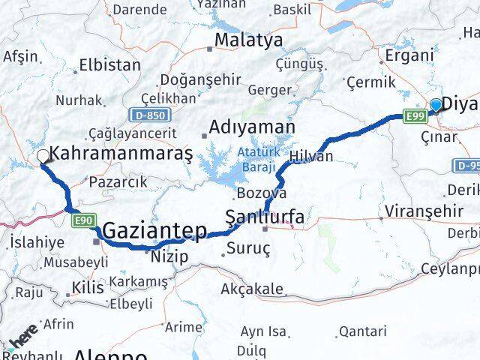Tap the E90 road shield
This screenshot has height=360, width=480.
coord(83,220)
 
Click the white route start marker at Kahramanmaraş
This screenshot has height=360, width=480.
coord(43,156)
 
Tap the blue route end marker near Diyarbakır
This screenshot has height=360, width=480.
coord(436,105)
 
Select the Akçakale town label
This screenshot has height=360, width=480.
coord(253,289)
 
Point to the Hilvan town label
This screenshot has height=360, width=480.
coord(311,156)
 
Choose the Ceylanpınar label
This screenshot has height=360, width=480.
coord(450,268)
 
